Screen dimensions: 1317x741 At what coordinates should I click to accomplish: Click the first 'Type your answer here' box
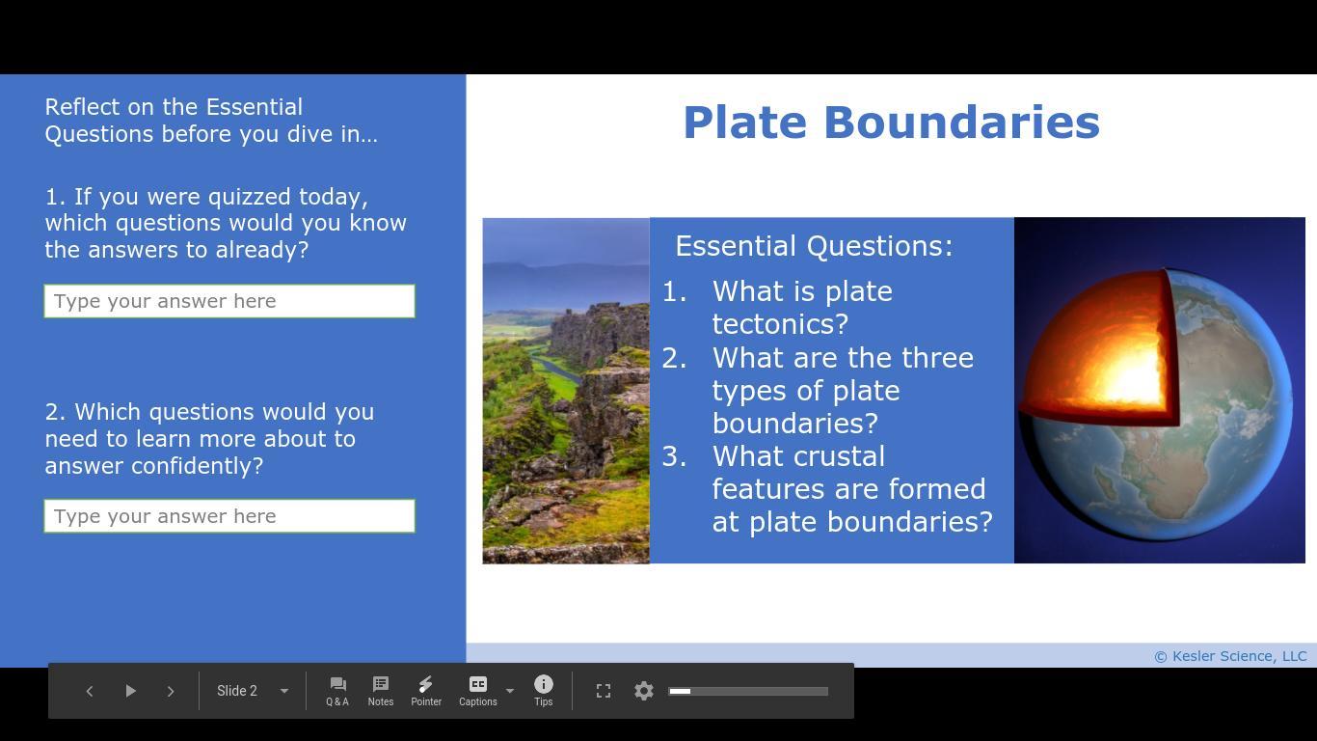point(229,301)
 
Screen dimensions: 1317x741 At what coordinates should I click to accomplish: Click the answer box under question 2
point(229,516)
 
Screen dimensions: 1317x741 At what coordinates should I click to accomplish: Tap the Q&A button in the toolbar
point(337,691)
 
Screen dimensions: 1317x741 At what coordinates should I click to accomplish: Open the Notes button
point(381,691)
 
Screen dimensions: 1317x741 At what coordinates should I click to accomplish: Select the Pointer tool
point(426,691)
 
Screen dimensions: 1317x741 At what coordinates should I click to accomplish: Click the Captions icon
point(478,684)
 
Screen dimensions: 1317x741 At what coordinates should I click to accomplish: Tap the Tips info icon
point(543,684)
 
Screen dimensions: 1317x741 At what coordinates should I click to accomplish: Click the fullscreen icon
point(604,691)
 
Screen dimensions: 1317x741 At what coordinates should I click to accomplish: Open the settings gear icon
point(644,691)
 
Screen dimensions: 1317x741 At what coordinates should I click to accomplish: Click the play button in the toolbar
point(130,691)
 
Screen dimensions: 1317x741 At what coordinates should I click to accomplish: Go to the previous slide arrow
point(90,691)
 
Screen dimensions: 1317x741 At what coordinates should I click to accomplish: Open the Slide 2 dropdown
point(253,691)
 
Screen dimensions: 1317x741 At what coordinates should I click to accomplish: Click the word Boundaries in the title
point(961,123)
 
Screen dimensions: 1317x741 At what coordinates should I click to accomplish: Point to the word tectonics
point(780,324)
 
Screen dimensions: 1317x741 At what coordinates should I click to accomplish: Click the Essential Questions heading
point(814,245)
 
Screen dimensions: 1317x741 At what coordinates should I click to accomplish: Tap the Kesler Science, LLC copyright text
point(1230,656)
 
